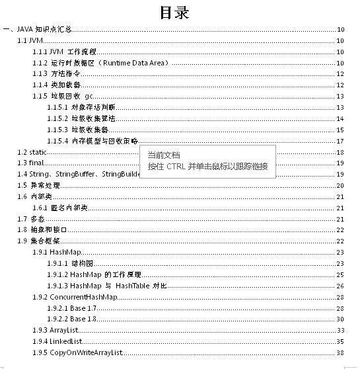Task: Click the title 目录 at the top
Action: click(x=175, y=13)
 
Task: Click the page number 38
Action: click(x=340, y=352)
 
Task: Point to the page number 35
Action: click(x=340, y=341)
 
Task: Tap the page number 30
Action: click(x=340, y=319)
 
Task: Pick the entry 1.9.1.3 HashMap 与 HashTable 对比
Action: click(x=106, y=286)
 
